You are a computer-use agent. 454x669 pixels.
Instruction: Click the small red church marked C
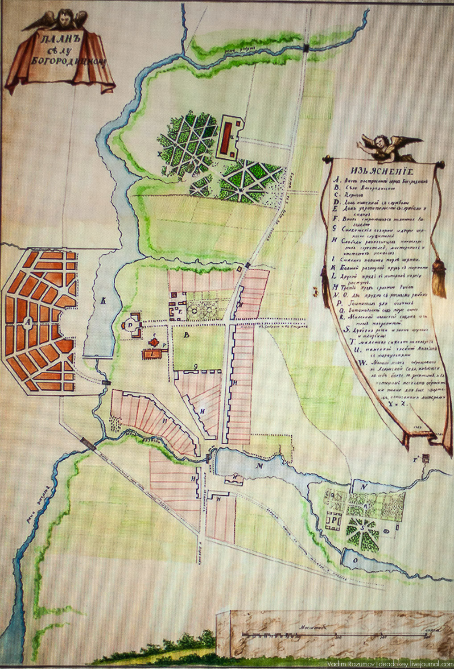[x=154, y=342]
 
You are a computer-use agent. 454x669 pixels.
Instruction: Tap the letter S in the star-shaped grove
[x=363, y=527]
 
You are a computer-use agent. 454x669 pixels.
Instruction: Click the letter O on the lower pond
[x=355, y=561]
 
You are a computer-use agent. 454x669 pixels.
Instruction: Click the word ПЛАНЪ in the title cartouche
[x=58, y=39]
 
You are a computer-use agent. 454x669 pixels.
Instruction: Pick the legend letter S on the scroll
[x=347, y=330]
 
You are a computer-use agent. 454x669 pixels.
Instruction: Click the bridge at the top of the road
[x=306, y=48]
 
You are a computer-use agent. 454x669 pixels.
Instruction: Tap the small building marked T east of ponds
[x=425, y=458]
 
